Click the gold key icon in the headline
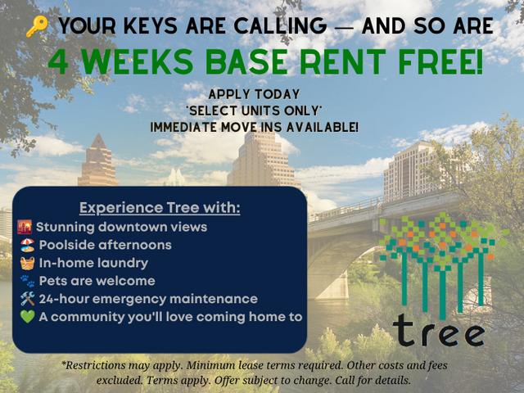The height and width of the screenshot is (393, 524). pyautogui.click(x=37, y=26)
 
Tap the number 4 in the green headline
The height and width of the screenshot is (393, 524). pyautogui.click(x=58, y=62)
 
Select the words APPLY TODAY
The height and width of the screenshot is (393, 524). pyautogui.click(x=254, y=95)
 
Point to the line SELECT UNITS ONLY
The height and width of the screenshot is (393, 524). pyautogui.click(x=255, y=111)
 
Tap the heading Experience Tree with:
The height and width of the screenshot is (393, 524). pyautogui.click(x=160, y=207)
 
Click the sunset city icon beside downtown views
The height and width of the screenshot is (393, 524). pyautogui.click(x=25, y=227)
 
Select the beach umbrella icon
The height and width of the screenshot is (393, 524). pyautogui.click(x=27, y=245)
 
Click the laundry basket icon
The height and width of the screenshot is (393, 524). pyautogui.click(x=27, y=263)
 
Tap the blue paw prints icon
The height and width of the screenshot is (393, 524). pyautogui.click(x=27, y=281)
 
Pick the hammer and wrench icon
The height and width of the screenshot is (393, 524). pyautogui.click(x=27, y=299)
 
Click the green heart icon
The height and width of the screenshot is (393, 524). pyautogui.click(x=27, y=317)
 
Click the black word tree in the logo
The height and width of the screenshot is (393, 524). pyautogui.click(x=439, y=331)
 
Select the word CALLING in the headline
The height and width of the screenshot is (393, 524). pyautogui.click(x=280, y=26)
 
